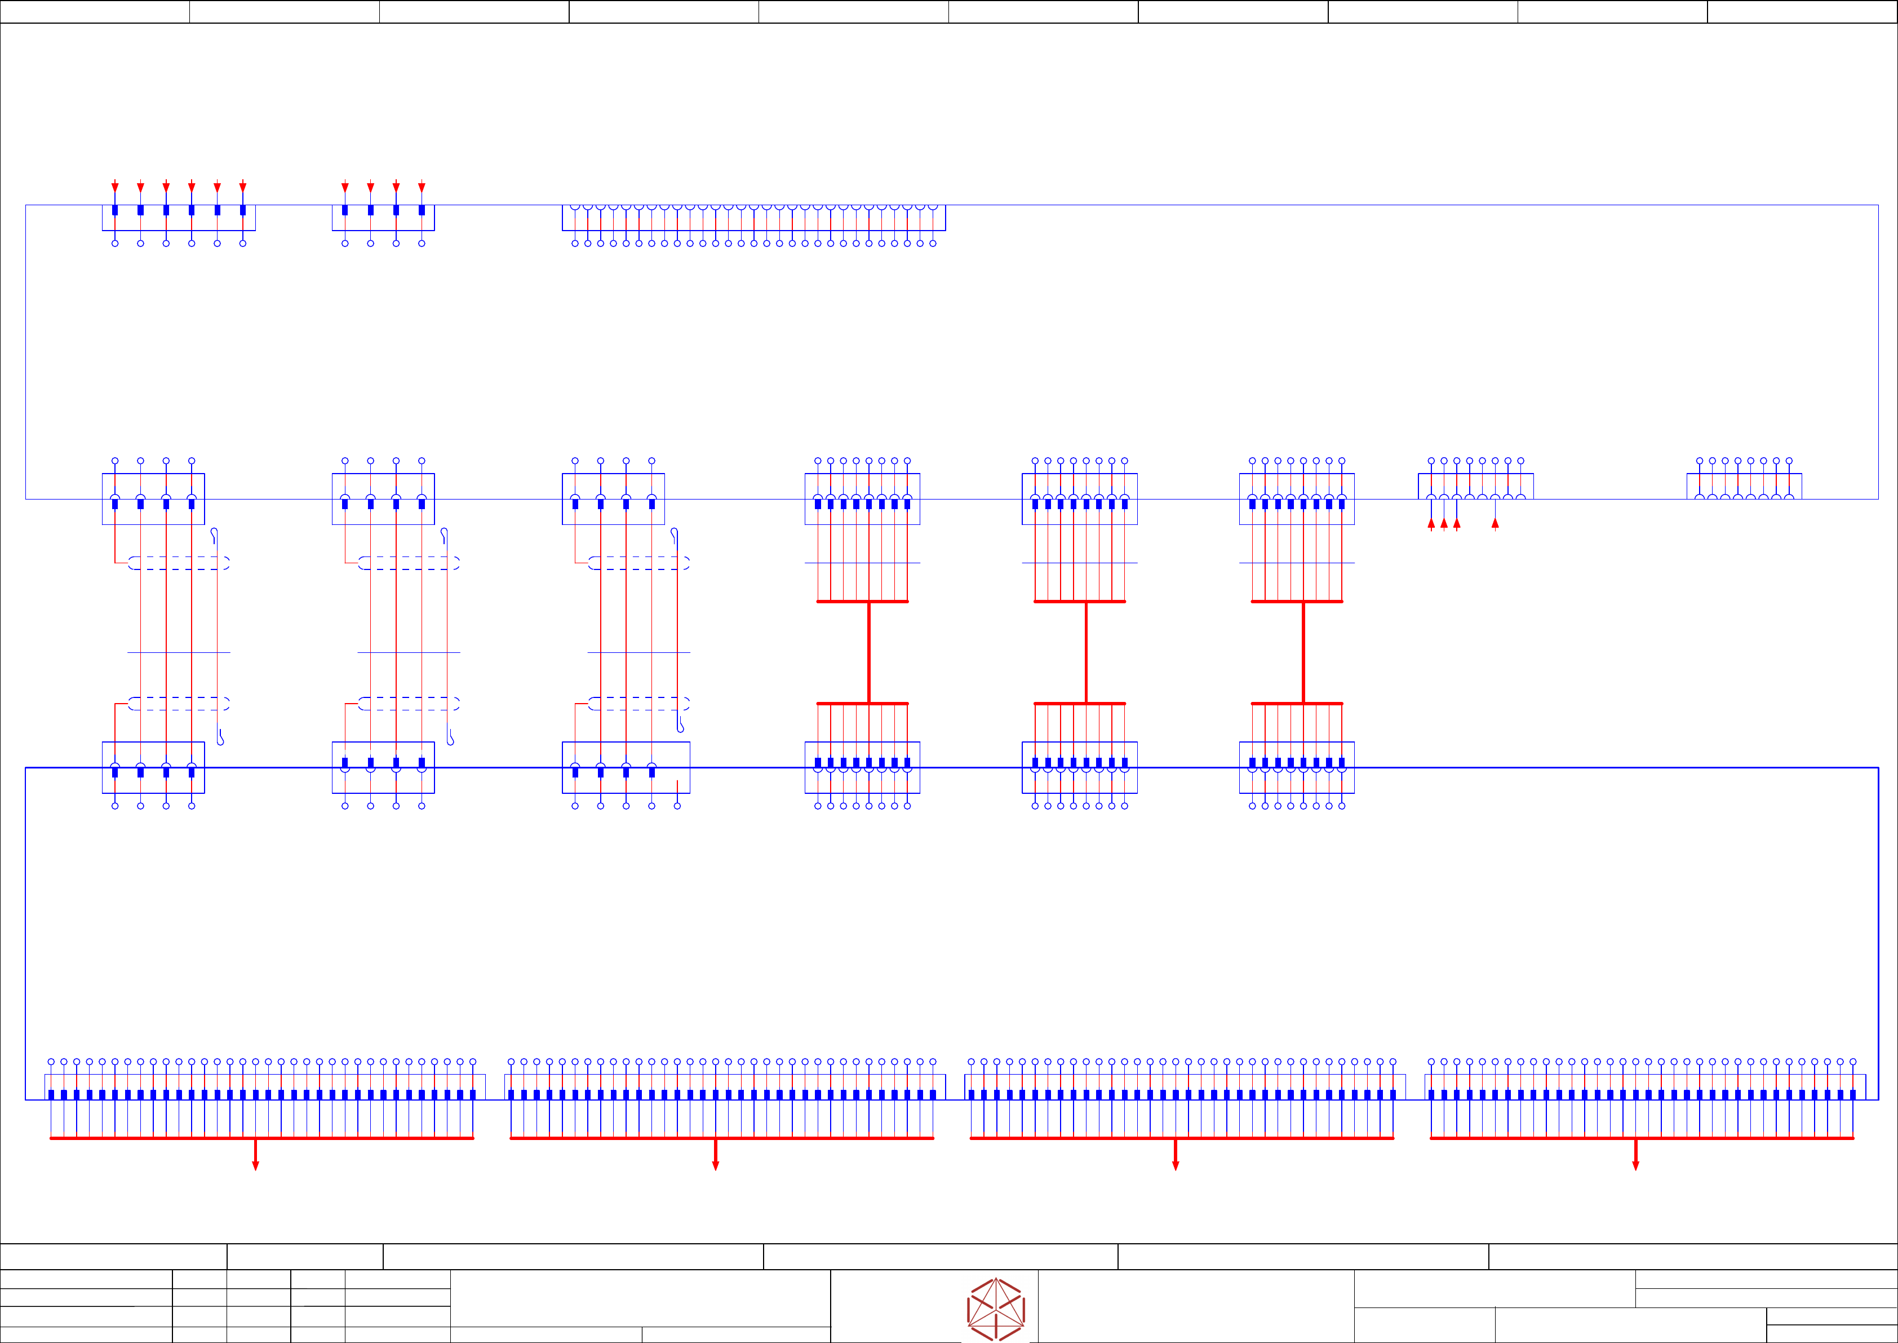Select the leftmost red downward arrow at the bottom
coord(255,1164)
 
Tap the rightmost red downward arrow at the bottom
coord(1635,1164)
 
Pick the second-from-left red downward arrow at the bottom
coord(715,1164)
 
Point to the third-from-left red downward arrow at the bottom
coord(1176,1164)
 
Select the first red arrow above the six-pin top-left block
coord(115,188)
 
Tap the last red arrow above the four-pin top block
coord(422,188)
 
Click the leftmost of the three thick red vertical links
coord(869,652)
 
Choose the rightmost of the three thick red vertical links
coord(1303,652)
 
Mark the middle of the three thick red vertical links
coord(1087,652)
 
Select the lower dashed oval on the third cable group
coord(639,704)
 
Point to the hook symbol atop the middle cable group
coord(445,535)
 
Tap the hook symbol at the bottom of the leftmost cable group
coord(220,737)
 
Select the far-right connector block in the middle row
coord(1744,486)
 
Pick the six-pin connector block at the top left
coord(179,218)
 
